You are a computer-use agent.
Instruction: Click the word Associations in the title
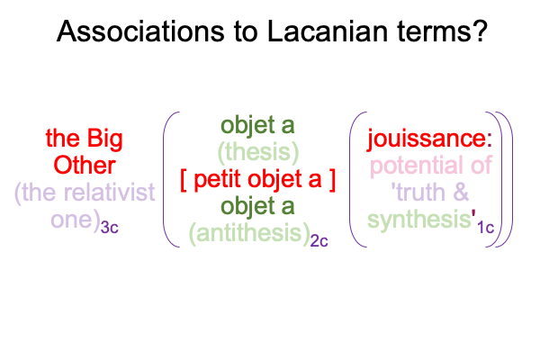[x=140, y=31]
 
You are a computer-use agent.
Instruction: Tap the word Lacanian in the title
[x=328, y=31]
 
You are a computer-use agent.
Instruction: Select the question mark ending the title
[x=479, y=31]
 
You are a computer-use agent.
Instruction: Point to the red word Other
[x=85, y=166]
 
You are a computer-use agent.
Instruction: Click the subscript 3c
[x=110, y=228]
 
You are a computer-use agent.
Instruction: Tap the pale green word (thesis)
[x=258, y=152]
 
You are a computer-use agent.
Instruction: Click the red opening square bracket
[x=184, y=180]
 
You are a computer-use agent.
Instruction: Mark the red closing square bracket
[x=331, y=180]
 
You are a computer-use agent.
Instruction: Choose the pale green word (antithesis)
[x=249, y=234]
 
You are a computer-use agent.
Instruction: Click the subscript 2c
[x=319, y=241]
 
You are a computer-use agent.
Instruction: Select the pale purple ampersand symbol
[x=461, y=192]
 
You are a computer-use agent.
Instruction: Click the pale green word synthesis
[x=419, y=220]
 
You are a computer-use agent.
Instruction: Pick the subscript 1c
[x=486, y=228]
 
